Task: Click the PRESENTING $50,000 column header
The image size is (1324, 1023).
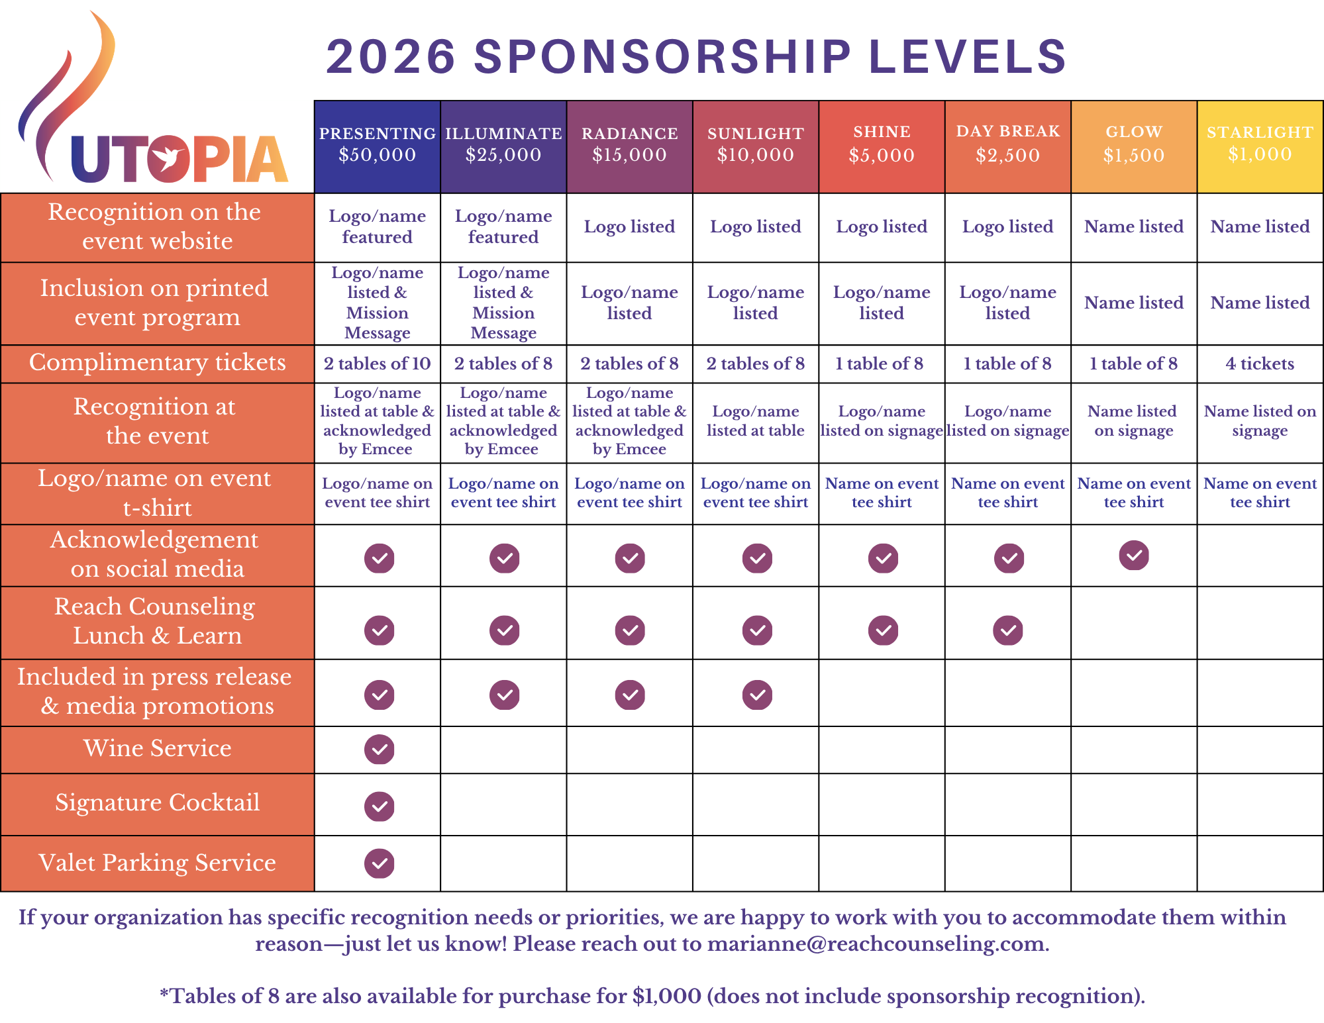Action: [x=377, y=146]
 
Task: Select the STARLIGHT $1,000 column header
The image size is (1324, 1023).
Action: [x=1260, y=145]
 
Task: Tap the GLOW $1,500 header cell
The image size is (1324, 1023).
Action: [x=1133, y=145]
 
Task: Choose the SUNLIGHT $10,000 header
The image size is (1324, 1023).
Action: [x=755, y=146]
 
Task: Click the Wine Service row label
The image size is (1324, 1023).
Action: [x=157, y=748]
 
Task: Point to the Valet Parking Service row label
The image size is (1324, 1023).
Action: [x=157, y=863]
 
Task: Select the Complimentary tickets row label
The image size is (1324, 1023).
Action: [x=157, y=363]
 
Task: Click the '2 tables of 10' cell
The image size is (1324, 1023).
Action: [x=377, y=364]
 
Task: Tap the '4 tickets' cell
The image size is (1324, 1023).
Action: [x=1260, y=364]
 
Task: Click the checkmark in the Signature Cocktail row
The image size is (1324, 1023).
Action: [x=379, y=806]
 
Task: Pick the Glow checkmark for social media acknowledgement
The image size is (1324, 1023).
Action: [x=1134, y=556]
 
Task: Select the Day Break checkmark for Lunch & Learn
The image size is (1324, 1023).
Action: [x=1008, y=630]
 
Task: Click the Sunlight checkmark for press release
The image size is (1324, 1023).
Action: [x=757, y=695]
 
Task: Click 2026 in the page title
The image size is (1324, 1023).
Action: [x=391, y=56]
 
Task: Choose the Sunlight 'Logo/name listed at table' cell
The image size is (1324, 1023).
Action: [x=755, y=421]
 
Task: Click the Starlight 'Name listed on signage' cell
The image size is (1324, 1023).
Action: [x=1260, y=421]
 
